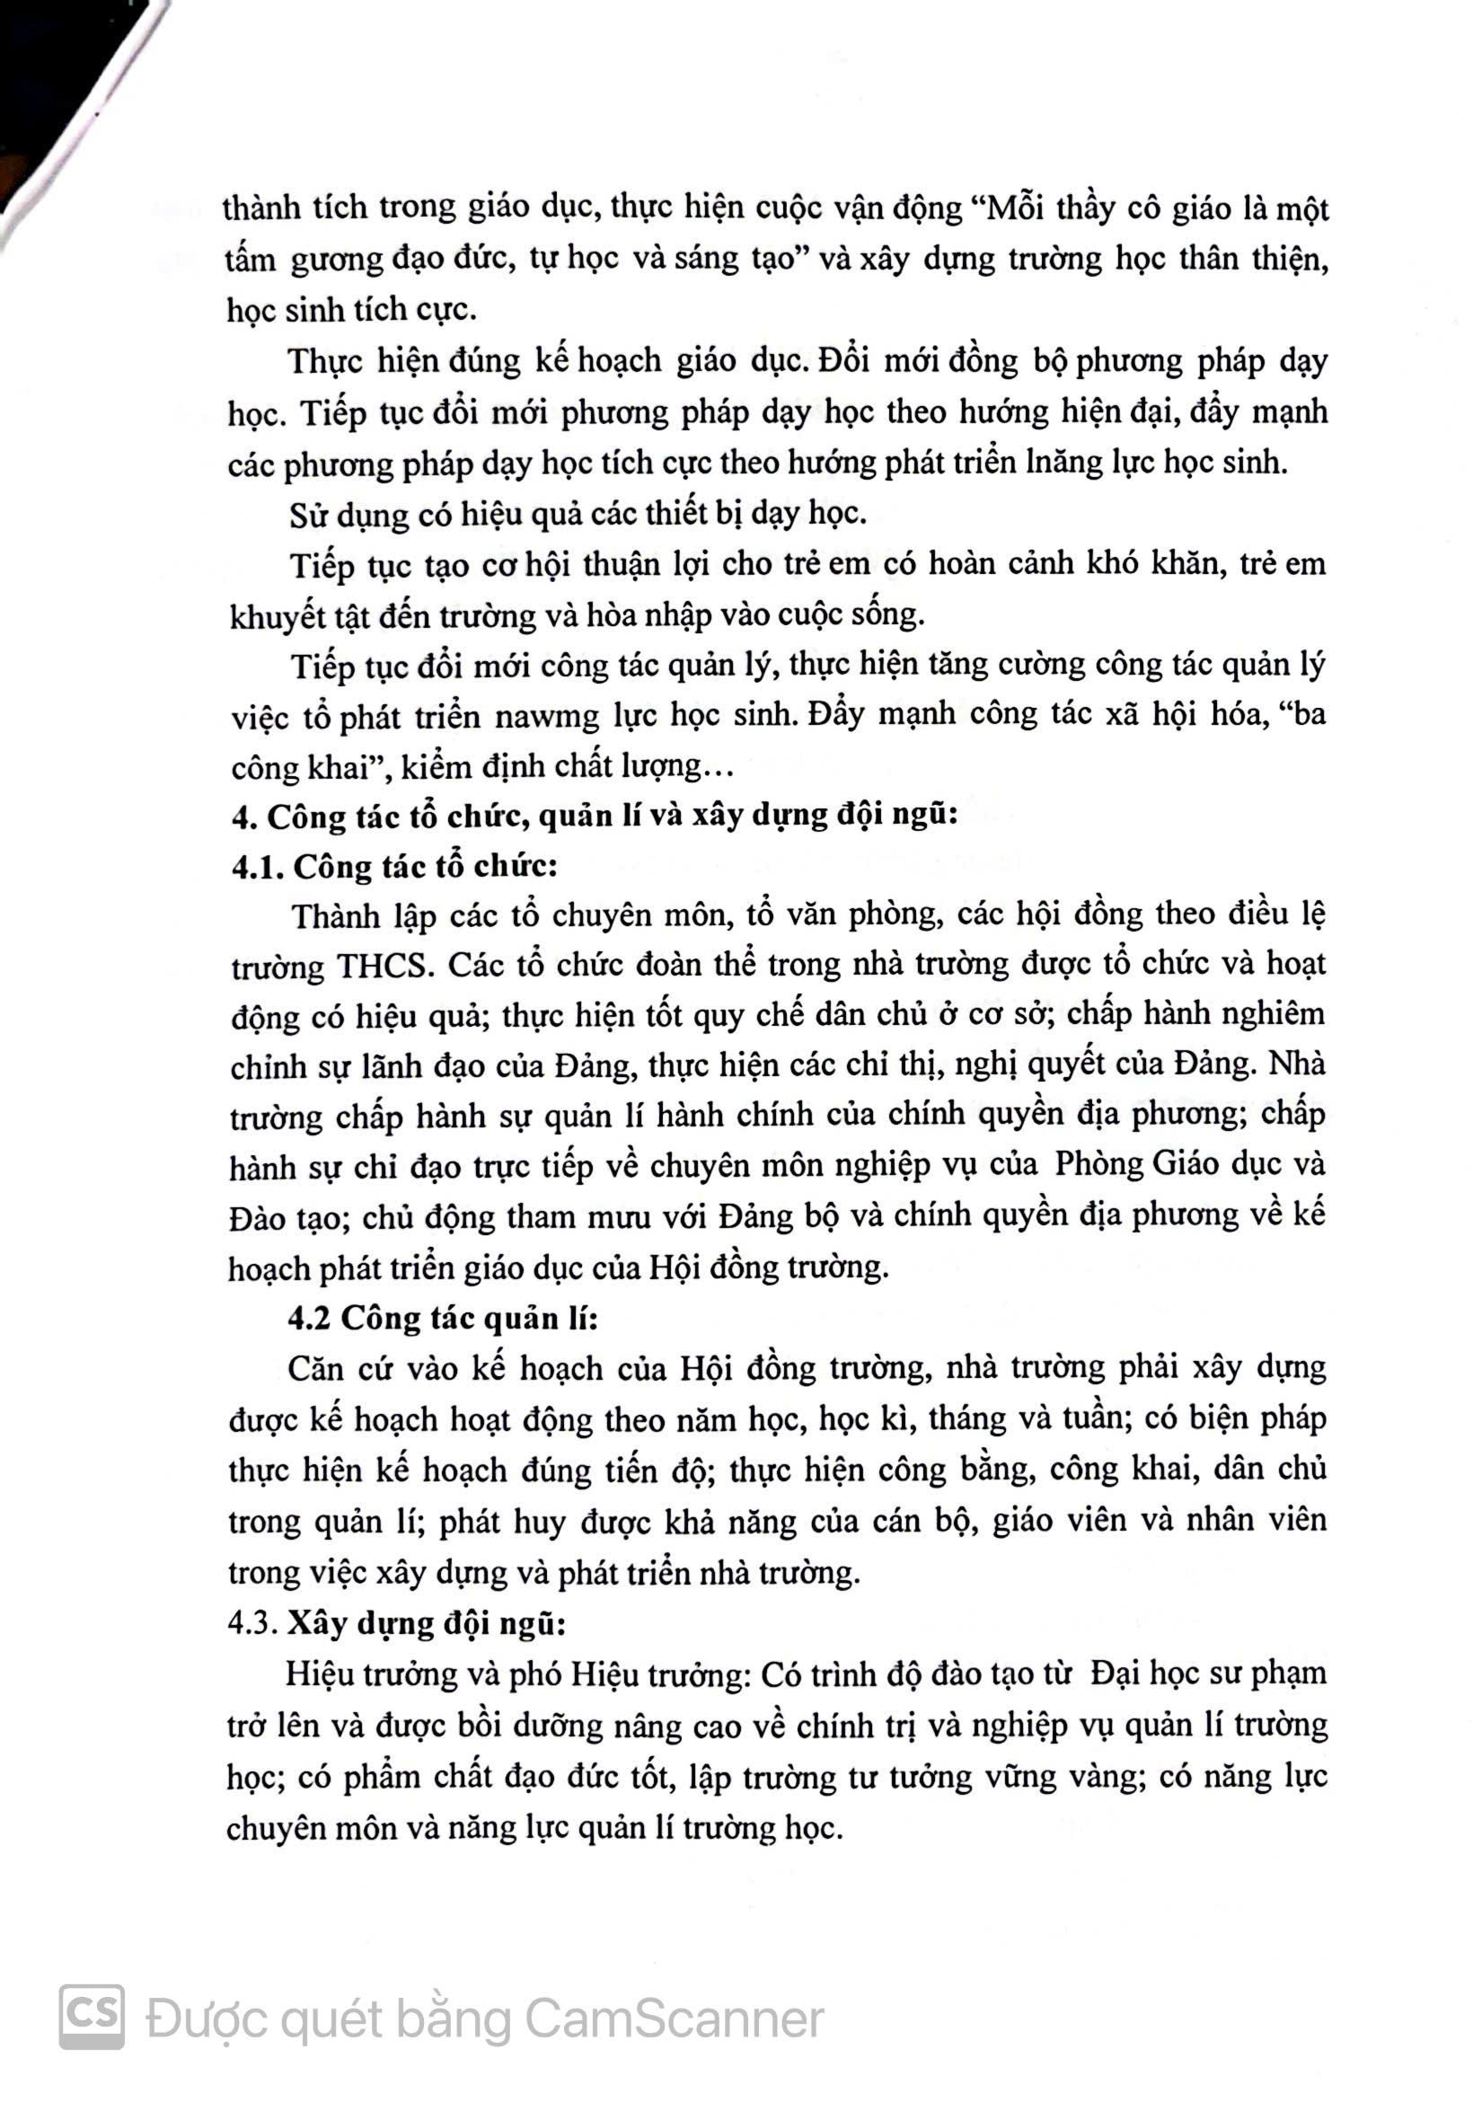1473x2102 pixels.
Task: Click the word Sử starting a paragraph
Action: point(310,514)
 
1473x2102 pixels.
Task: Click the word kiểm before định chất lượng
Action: point(445,765)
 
